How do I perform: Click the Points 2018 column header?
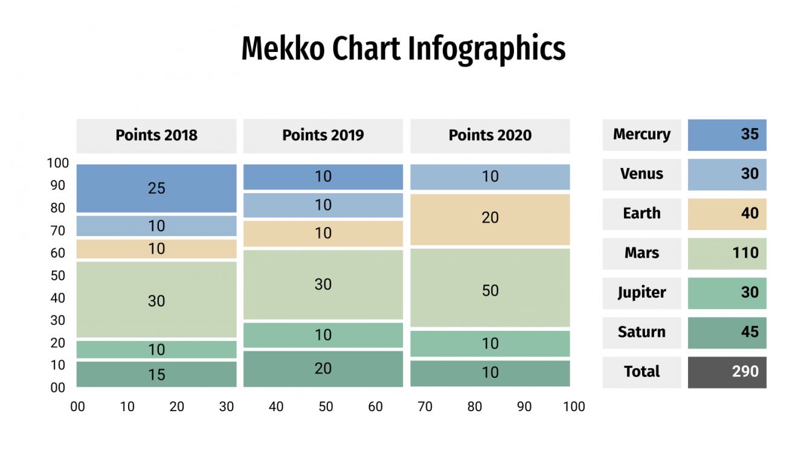point(156,135)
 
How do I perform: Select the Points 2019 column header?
point(323,135)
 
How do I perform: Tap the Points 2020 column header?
point(490,135)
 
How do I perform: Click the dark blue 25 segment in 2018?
point(156,188)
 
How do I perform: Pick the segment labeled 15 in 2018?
point(156,374)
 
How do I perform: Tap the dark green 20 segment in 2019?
point(323,368)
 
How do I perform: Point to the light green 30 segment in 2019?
point(323,284)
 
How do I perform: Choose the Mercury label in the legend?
point(641,135)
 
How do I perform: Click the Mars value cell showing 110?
point(727,253)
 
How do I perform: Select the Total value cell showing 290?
point(727,372)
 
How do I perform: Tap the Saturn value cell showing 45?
point(727,333)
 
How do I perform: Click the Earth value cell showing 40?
point(727,214)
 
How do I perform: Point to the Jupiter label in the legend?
point(641,293)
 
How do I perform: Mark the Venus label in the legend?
point(641,174)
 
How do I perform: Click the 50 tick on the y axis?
point(58,276)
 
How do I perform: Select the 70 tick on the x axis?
point(425,407)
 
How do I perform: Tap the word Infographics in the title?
point(486,49)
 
